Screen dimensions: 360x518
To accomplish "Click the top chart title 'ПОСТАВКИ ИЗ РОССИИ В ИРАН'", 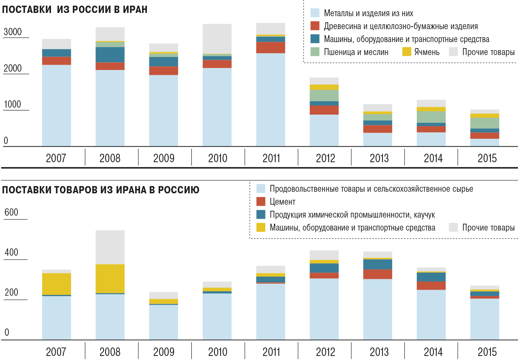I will click(x=75, y=10).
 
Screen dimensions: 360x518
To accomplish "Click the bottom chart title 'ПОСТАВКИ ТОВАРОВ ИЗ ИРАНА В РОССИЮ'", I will click(x=101, y=190).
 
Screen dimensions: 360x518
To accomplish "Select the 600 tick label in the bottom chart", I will click(x=11, y=212).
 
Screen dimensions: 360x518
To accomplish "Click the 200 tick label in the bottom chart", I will click(x=11, y=292).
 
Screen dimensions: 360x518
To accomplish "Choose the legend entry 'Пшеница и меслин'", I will click(x=356, y=52).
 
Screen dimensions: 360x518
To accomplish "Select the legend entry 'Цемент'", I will click(x=282, y=201).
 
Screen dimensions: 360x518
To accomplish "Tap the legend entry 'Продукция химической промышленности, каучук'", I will click(x=352, y=214).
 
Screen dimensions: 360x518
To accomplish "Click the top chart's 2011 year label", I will click(x=271, y=158).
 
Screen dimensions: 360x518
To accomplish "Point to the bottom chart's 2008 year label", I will click(x=110, y=351).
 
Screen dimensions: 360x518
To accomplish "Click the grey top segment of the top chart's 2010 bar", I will click(x=217, y=38).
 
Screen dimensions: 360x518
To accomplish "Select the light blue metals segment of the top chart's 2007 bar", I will click(x=57, y=105).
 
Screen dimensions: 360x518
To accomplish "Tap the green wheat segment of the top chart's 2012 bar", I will click(x=324, y=95).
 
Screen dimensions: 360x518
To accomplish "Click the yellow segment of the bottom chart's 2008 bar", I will click(x=110, y=278).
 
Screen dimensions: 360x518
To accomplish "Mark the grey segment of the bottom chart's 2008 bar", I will click(x=110, y=247).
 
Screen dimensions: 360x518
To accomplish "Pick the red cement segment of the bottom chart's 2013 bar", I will click(x=378, y=274).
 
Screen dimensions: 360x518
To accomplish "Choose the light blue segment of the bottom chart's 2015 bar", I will click(x=484, y=319).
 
